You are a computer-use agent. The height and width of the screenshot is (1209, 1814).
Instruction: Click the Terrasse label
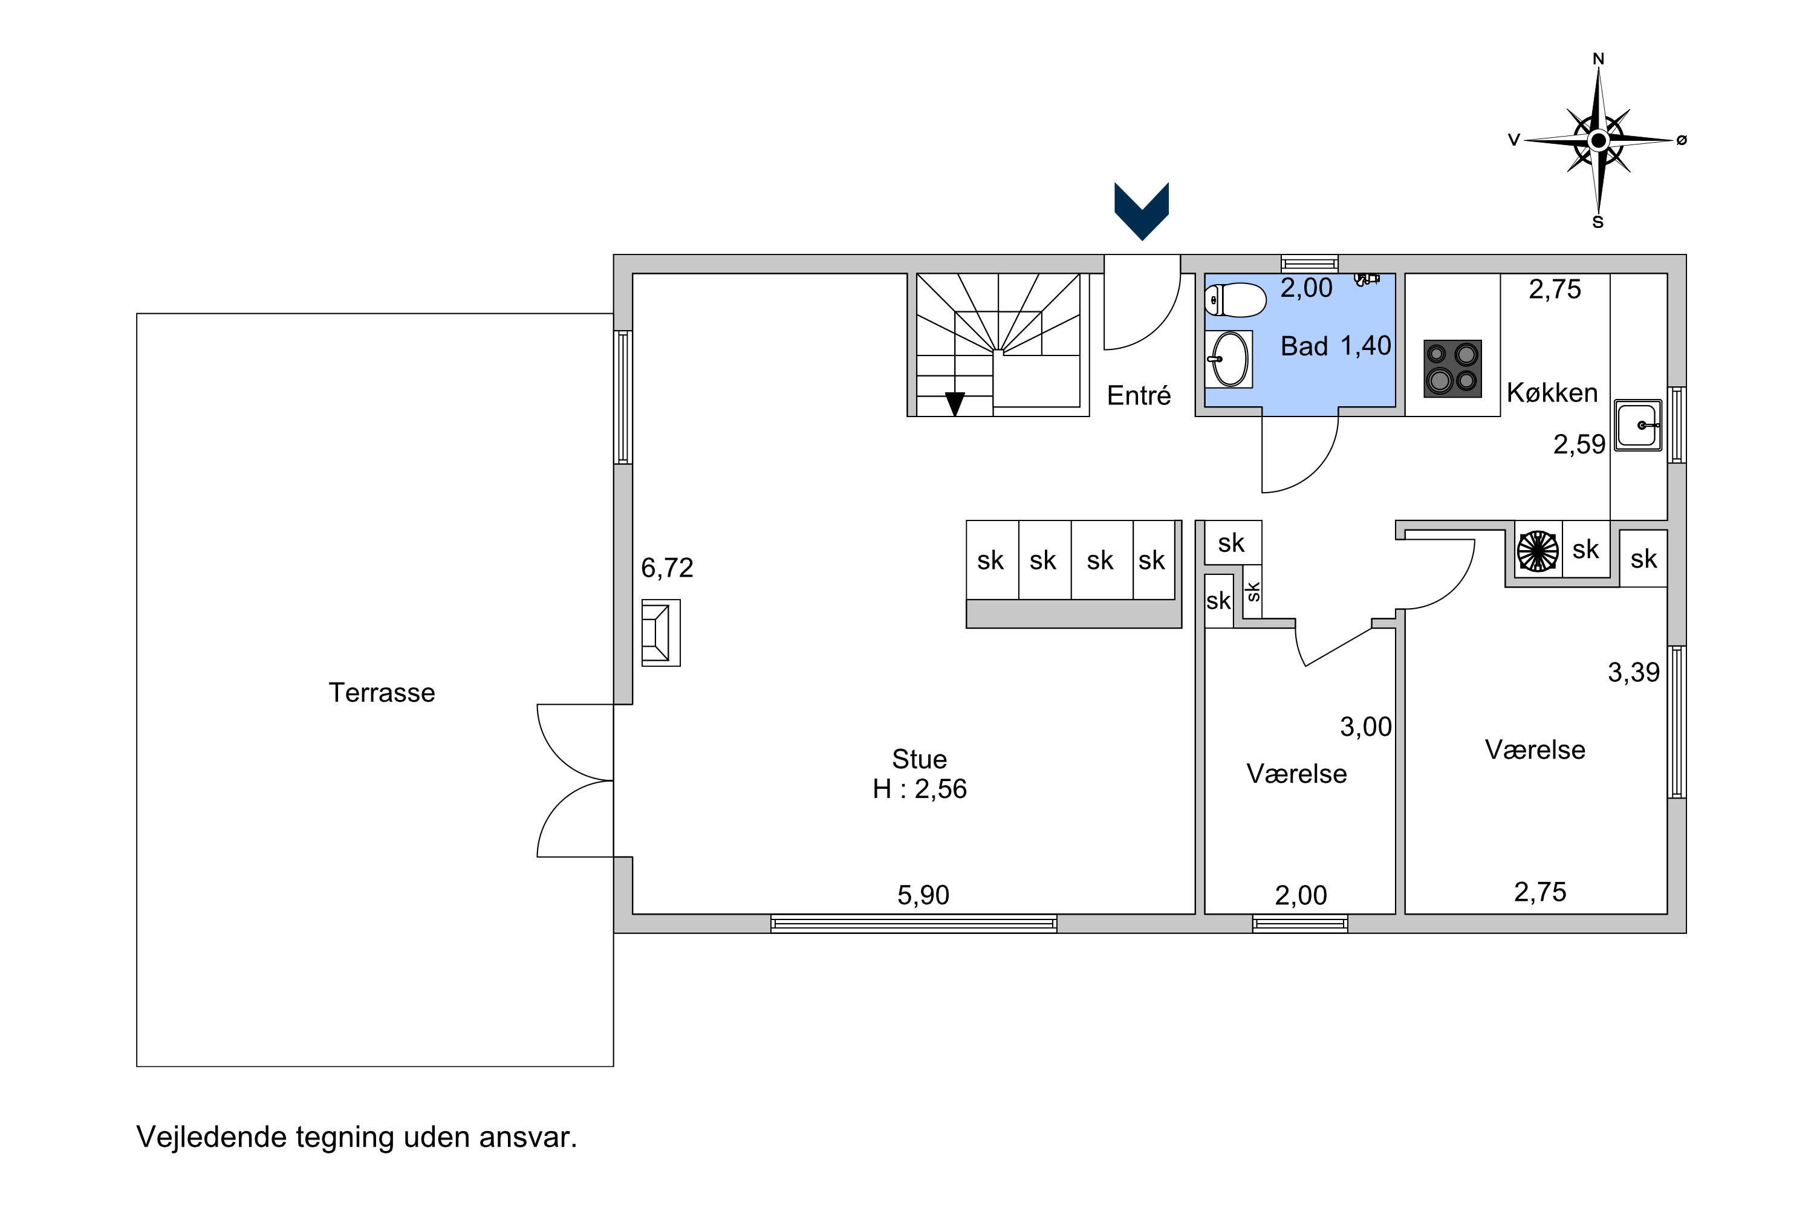[x=382, y=692]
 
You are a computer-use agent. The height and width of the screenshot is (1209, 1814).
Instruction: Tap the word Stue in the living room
[x=919, y=759]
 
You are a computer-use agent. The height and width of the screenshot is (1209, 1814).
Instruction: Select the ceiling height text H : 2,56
[x=919, y=789]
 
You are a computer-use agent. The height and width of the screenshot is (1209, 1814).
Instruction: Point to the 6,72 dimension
[x=667, y=568]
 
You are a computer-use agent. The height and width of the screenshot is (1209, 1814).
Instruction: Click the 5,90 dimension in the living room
[x=923, y=895]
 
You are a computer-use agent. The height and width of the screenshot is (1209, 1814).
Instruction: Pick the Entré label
[x=1139, y=395]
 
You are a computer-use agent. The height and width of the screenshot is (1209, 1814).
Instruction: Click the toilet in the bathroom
[x=1235, y=300]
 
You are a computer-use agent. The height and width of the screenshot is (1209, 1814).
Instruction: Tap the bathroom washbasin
[x=1229, y=359]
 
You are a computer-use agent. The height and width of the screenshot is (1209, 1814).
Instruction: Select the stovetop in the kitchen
[x=1452, y=369]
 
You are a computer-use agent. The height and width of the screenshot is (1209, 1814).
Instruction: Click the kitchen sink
[x=1638, y=425]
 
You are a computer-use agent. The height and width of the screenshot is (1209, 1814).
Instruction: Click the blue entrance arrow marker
[x=1142, y=211]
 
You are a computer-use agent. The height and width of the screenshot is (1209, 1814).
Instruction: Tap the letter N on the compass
[x=1599, y=59]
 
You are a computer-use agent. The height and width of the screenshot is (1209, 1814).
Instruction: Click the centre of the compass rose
[x=1599, y=140]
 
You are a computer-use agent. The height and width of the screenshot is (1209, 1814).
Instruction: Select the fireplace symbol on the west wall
[x=661, y=633]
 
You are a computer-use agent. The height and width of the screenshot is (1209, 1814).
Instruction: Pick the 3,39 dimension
[x=1634, y=672]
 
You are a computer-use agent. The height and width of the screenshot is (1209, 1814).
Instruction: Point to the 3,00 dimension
[x=1366, y=727]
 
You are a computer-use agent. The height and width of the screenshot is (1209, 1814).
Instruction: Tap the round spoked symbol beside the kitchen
[x=1538, y=551]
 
